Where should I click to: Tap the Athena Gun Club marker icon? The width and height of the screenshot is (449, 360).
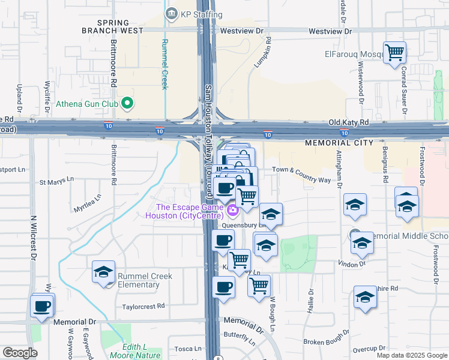[x=127, y=104]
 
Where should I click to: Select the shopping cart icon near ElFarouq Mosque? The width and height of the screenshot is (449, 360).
[x=394, y=52]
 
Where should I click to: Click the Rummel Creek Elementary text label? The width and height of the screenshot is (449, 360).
[x=145, y=280]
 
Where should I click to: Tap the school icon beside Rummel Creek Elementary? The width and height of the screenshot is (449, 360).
[x=104, y=272]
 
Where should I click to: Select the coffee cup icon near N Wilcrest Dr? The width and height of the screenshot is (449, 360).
[x=42, y=305]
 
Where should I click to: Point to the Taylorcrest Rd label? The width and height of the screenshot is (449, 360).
[x=143, y=306]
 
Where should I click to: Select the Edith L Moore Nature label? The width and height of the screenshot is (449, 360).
[x=135, y=351]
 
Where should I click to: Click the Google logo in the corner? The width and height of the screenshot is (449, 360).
[x=20, y=353]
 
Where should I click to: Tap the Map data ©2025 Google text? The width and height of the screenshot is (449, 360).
[x=412, y=355]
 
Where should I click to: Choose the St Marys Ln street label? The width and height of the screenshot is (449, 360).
[x=56, y=179]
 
